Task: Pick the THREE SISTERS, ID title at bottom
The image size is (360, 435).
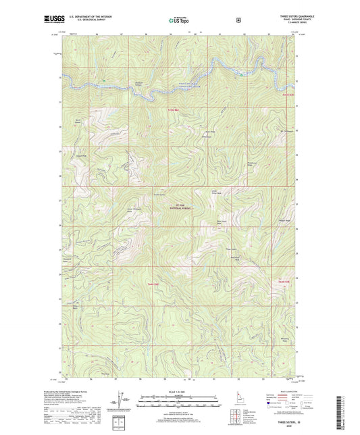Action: (284, 419)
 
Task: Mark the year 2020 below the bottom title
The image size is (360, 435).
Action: (284, 425)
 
